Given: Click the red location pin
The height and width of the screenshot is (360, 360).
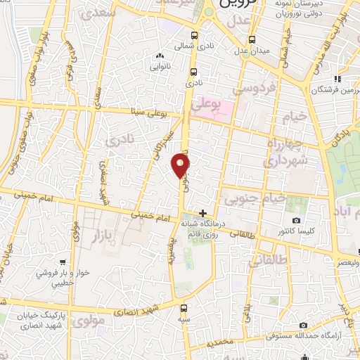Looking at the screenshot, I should [181, 166].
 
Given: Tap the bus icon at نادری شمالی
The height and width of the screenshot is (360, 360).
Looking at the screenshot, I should [194, 35].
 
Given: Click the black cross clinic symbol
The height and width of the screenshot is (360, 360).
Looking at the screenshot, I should [203, 213].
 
